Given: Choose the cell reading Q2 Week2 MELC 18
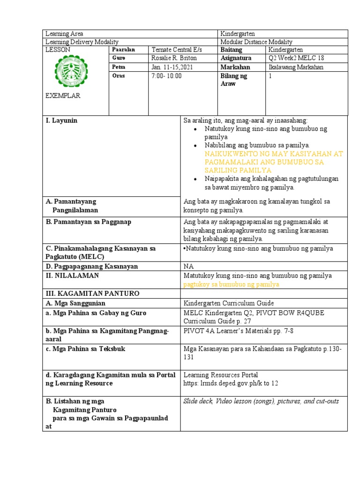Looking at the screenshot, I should pos(296,58).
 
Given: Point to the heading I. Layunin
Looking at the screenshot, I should pos(61,120).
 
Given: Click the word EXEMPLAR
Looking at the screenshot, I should pos(63,96).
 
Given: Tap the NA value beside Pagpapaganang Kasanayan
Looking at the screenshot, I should pos(188,266).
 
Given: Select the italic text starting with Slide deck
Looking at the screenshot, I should pos(261,401).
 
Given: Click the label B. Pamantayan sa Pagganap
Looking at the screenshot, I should pos(88,222).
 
